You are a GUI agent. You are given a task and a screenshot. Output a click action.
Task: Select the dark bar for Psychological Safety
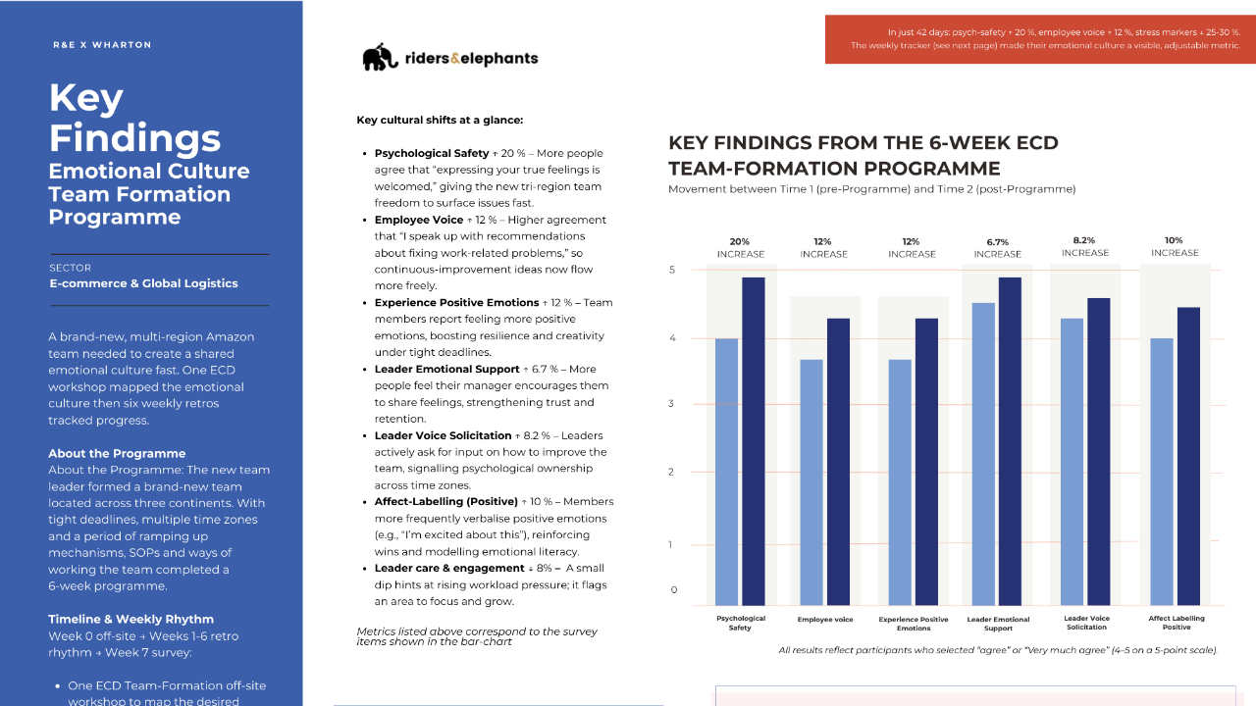754,440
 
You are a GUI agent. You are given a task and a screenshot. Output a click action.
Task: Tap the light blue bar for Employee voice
812,481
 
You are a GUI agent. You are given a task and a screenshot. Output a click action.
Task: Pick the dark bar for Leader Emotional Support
1009,440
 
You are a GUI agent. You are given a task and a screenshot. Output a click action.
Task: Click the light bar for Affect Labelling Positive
1162,471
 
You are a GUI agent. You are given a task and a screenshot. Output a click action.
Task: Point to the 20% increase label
741,247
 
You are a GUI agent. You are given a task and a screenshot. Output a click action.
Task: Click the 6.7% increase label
997,247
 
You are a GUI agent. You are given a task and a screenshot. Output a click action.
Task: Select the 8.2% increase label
1085,246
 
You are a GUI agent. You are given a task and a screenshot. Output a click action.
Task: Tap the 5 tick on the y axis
672,270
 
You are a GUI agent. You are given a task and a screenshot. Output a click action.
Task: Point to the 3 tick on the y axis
672,404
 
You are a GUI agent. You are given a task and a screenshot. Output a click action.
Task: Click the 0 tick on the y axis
674,590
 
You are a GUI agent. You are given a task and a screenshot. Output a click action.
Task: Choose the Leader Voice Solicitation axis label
1086,623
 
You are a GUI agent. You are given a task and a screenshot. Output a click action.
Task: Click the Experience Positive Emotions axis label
913,623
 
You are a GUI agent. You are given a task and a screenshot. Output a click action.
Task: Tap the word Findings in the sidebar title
134,136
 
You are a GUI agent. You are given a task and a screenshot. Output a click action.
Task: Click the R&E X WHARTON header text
102,45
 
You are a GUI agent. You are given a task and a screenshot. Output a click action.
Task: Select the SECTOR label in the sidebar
70,267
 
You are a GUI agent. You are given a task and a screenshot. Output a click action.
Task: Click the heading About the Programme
117,453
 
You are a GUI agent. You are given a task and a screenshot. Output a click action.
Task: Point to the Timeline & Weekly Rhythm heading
131,619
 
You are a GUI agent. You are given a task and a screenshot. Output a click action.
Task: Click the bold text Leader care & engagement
449,568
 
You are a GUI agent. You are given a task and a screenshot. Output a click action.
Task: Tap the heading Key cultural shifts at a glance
440,121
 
